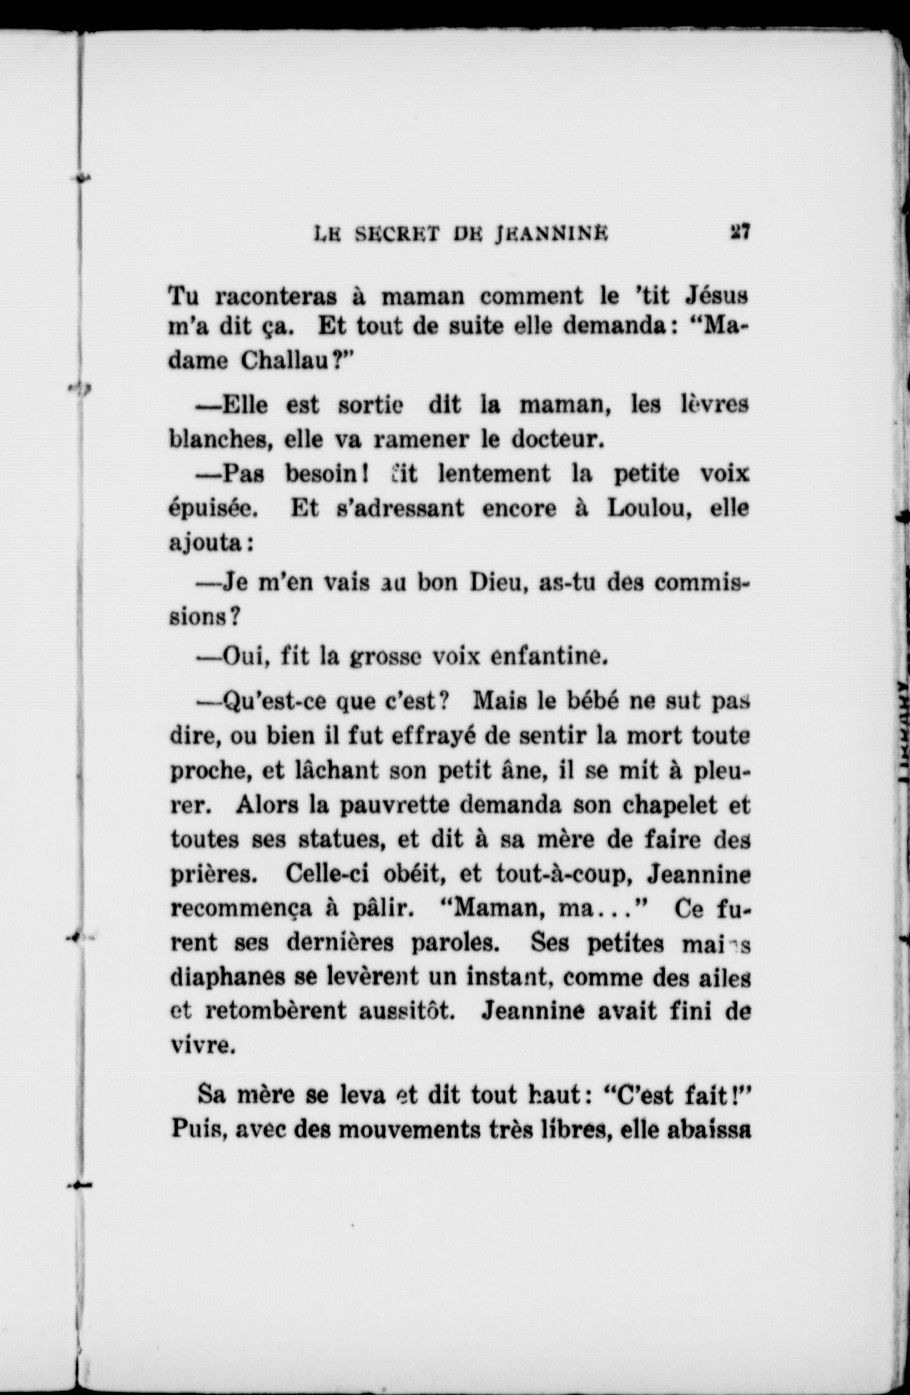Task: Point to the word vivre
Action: click(x=202, y=1046)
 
